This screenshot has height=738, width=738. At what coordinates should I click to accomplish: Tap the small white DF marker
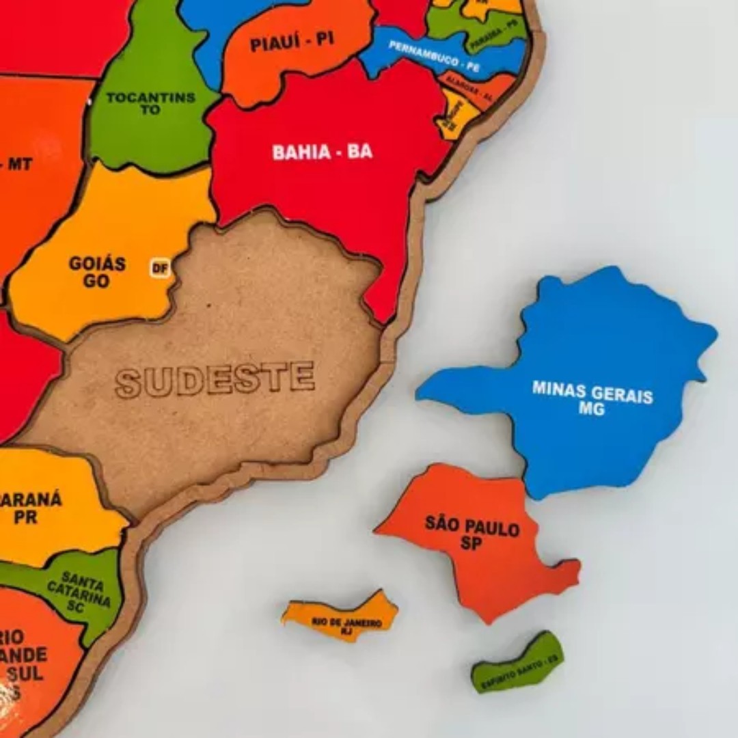click(160, 269)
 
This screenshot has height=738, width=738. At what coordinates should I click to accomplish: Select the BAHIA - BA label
click(323, 152)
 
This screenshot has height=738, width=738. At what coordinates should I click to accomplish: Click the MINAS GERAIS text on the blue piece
click(592, 392)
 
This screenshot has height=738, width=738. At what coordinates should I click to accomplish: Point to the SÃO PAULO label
click(472, 527)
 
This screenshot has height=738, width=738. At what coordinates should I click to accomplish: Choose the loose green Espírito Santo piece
click(518, 663)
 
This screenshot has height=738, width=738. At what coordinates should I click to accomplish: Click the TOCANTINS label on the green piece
click(151, 98)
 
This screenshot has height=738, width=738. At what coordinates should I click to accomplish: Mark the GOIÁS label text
click(97, 264)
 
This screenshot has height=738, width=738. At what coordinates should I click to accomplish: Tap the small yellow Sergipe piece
click(452, 115)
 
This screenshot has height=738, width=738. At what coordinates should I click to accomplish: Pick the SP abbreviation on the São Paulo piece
click(471, 544)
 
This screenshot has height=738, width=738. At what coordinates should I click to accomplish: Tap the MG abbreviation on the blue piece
click(591, 409)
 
